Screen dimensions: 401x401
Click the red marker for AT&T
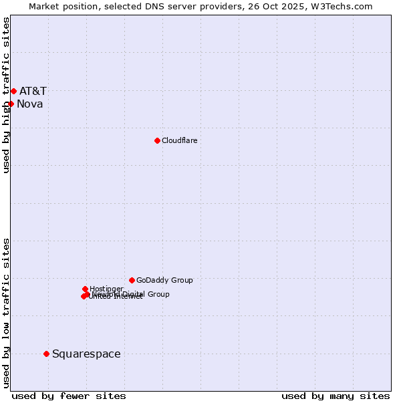pos(13,91)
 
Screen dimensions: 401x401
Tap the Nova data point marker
pos(11,104)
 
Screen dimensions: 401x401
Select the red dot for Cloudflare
pos(157,140)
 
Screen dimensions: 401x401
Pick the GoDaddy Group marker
pos(132,280)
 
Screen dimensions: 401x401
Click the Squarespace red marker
pos(46,354)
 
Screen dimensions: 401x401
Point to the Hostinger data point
pos(85,289)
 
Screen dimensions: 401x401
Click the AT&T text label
pos(33,91)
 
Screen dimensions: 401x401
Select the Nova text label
pos(29,104)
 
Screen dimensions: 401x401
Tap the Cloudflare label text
pos(179,140)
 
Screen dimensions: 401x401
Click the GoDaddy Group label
pos(164,280)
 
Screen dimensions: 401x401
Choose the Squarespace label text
pos(86,354)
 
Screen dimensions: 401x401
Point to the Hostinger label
pos(106,289)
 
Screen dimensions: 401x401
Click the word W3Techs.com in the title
pos(340,6)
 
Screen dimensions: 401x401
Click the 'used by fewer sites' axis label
pos(69,396)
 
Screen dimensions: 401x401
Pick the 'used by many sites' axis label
pos(336,396)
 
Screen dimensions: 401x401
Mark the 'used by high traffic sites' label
pos(6,95)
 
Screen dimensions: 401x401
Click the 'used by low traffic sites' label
pos(6,313)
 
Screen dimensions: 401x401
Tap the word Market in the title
pos(44,6)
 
